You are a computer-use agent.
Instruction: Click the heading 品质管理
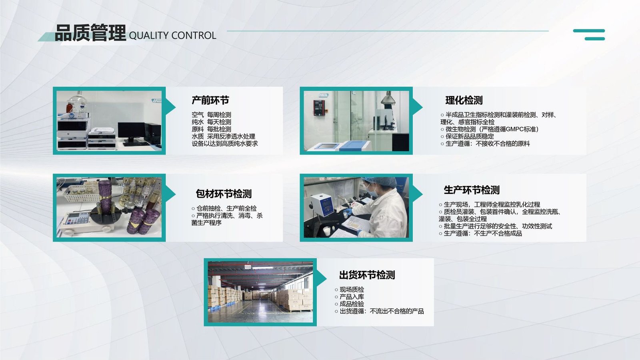pos(90,32)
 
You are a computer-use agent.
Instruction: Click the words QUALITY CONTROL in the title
pos(172,36)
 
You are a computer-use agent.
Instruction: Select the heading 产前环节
pos(210,100)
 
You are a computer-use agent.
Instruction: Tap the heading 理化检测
pos(464,100)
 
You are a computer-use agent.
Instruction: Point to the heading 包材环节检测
pos(224,194)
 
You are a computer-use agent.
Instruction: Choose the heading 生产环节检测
pos(472,190)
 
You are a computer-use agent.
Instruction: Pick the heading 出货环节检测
pos(367,275)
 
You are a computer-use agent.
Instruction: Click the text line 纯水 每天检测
pos(212,122)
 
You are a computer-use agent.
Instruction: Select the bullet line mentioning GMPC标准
pos(490,129)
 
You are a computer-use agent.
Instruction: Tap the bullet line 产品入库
pos(349,297)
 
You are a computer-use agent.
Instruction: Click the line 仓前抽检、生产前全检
pos(224,208)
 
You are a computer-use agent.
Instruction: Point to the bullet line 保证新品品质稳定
pos(467,136)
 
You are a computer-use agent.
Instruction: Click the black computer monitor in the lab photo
pos(131,131)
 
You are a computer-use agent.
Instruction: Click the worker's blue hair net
pos(379,182)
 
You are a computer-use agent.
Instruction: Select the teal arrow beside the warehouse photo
pos(322,278)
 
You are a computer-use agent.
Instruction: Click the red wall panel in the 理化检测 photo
pos(319,108)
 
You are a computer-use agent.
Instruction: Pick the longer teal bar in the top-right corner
pos(589,31)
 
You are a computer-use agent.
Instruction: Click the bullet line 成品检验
pos(349,304)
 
